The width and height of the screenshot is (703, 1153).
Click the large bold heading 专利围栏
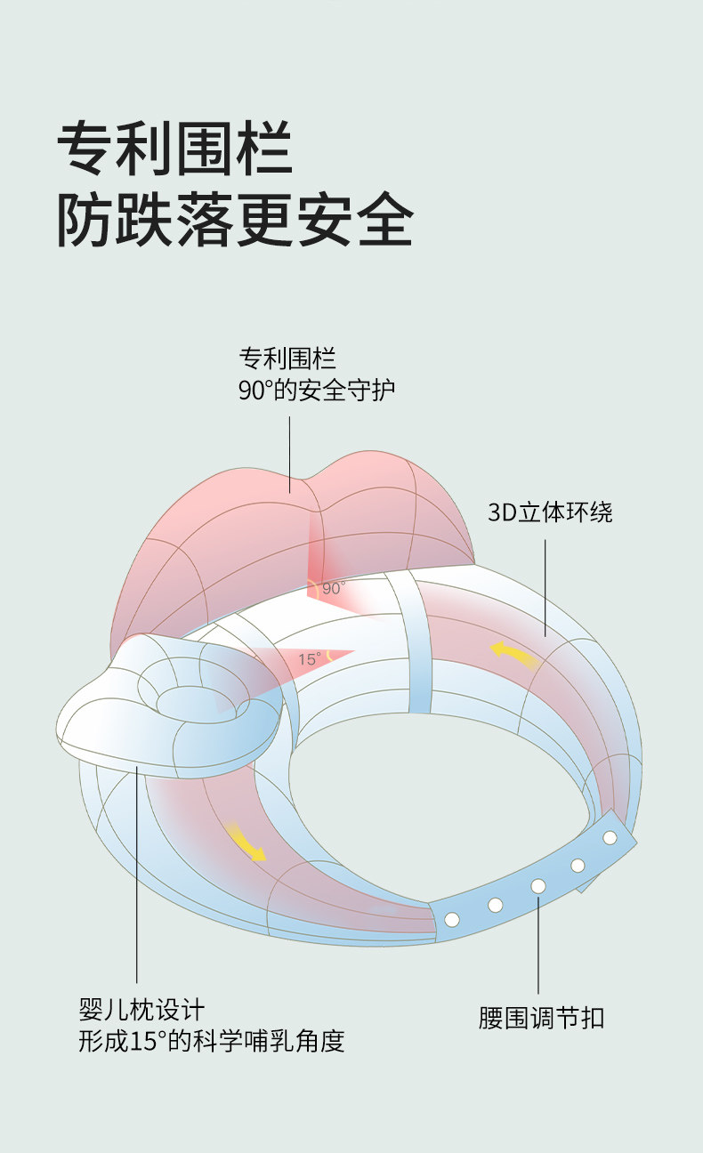pos(174,149)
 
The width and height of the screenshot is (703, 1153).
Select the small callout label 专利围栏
pos(287,359)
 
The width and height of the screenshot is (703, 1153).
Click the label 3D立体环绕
pos(550,512)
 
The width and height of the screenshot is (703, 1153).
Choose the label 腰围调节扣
pos(541,1018)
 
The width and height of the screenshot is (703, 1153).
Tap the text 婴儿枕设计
pos(141,1010)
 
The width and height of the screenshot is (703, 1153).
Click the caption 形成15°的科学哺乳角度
pos(211,1041)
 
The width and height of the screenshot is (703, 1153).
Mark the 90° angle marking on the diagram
pos(332,588)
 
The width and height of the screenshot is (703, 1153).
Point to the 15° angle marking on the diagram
pos(309,659)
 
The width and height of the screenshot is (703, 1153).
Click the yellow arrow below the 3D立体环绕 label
pos(513,656)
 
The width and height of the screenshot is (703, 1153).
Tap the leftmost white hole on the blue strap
pos(451,918)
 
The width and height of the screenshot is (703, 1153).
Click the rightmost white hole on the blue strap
pos(610,837)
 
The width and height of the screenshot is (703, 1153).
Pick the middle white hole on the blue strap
pos(538,886)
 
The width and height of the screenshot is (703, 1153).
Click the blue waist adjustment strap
pos(534,881)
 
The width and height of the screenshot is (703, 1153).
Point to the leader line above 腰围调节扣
pos(538,943)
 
